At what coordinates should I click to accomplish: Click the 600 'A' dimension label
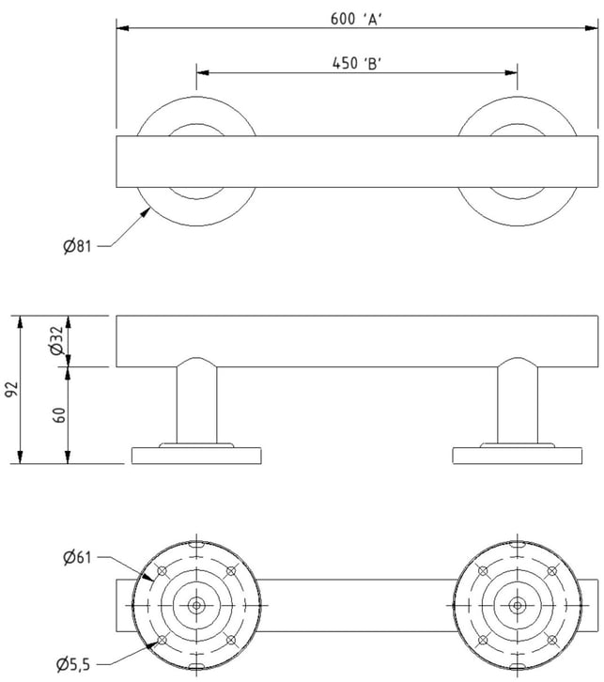[356, 19]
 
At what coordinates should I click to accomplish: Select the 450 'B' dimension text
[357, 64]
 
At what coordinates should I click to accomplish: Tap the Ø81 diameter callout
[77, 246]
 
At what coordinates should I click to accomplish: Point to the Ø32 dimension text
[57, 341]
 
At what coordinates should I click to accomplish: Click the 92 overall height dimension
[11, 389]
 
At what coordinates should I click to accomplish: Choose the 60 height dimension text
[59, 415]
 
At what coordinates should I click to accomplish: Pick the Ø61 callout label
[77, 557]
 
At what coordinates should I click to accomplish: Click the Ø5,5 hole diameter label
[73, 664]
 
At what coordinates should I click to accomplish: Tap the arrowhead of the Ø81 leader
[146, 212]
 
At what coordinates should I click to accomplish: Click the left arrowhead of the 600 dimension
[123, 28]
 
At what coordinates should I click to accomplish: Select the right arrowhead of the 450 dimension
[511, 72]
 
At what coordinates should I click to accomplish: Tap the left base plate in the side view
[196, 456]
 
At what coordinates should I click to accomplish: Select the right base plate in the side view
[518, 456]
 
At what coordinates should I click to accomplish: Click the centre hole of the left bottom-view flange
[196, 605]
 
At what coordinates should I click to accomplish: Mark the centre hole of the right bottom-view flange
[518, 605]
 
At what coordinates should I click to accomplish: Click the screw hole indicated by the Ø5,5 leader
[162, 640]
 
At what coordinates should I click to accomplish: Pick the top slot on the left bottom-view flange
[196, 545]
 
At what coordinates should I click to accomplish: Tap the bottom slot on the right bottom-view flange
[518, 665]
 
